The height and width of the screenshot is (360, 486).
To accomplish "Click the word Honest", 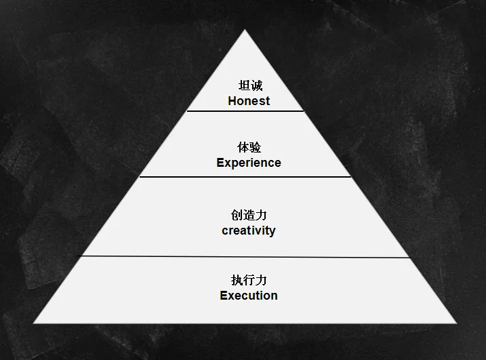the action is [x=249, y=101].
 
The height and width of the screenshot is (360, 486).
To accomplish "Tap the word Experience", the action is [x=249, y=163].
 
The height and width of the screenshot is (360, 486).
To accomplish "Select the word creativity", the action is [x=249, y=231].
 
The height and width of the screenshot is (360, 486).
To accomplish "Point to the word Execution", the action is [x=249, y=296].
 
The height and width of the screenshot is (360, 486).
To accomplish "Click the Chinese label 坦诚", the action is [x=249, y=86].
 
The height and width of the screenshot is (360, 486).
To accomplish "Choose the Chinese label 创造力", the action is [x=249, y=215].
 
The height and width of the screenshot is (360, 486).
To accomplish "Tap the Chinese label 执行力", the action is [x=249, y=280].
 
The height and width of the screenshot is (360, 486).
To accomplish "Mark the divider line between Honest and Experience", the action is [x=245, y=111].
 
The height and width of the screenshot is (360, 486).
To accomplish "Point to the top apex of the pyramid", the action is [x=246, y=31].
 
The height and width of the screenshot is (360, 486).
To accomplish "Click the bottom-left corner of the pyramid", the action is [x=34, y=323].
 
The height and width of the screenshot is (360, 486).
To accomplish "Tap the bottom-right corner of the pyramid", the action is [x=456, y=323].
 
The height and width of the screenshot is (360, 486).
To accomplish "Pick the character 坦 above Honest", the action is [x=243, y=86].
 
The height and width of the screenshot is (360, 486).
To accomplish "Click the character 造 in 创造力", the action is [x=249, y=215].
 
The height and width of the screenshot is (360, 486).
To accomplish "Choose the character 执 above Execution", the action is [x=237, y=280].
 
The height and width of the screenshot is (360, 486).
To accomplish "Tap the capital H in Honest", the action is [x=232, y=101].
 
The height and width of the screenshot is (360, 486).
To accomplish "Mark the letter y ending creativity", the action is [x=272, y=231].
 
